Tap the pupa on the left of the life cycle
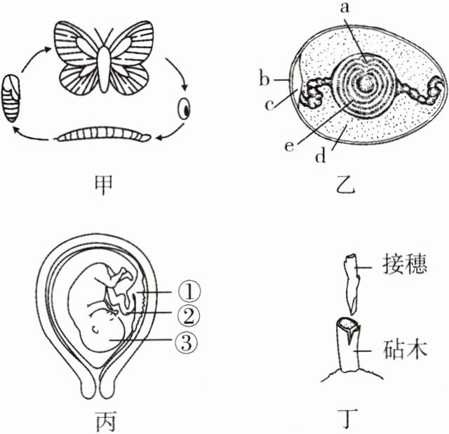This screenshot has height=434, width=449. [x=12, y=98]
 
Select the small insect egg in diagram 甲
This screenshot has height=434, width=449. [x=185, y=110]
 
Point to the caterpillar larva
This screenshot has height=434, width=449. [x=104, y=135]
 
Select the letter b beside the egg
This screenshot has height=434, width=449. [x=264, y=79]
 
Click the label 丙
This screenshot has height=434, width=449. [x=105, y=421]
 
